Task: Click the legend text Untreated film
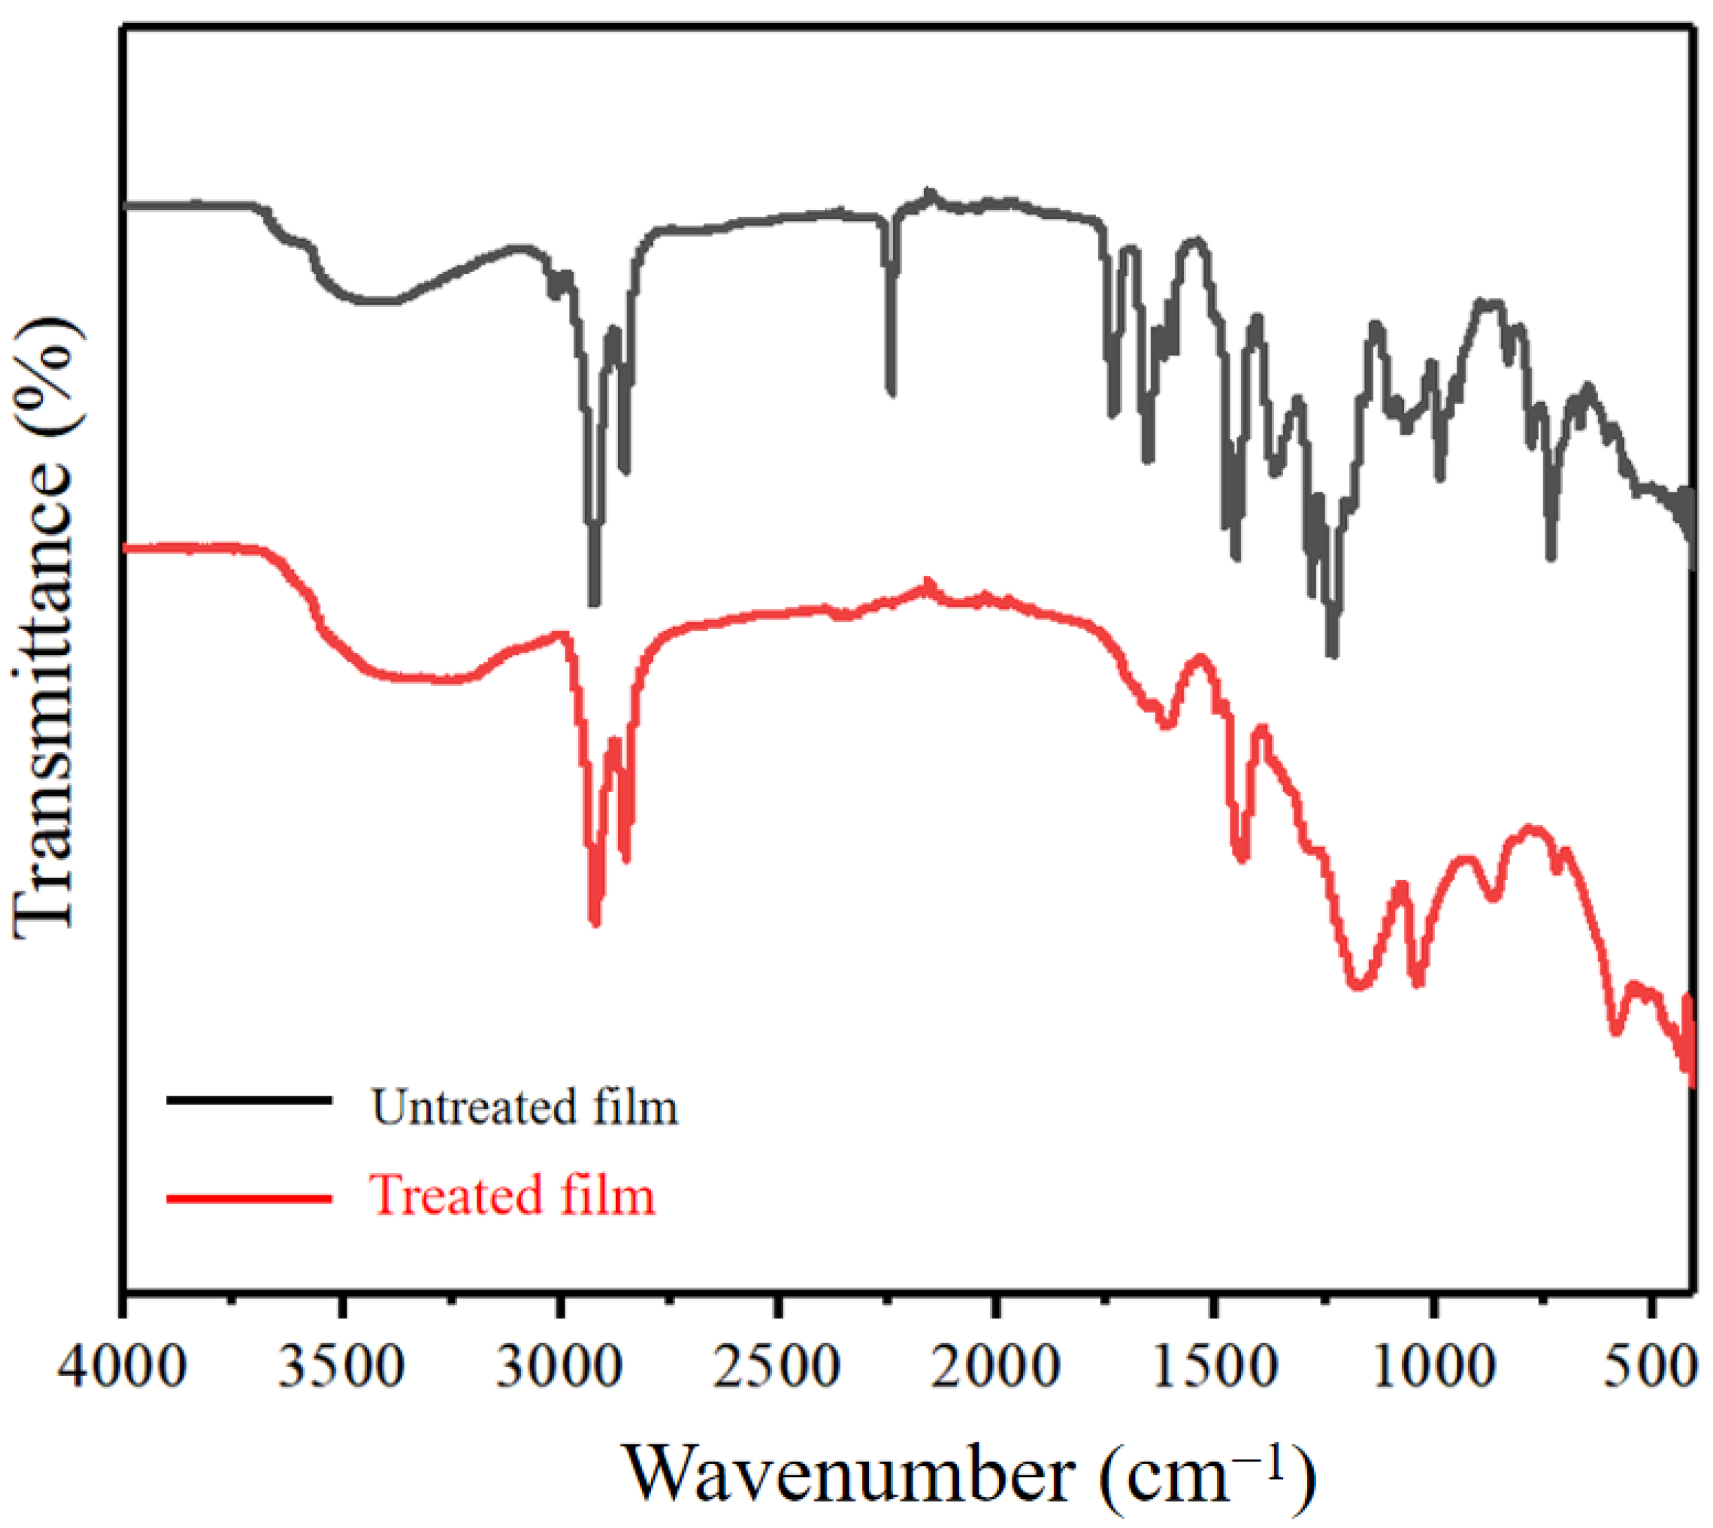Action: click(524, 1108)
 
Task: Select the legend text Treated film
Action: click(512, 1195)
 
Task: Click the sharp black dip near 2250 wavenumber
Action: click(890, 391)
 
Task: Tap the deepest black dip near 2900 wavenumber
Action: click(594, 599)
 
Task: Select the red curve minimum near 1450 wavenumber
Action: click(1241, 857)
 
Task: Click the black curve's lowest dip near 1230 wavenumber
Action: click(1332, 653)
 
